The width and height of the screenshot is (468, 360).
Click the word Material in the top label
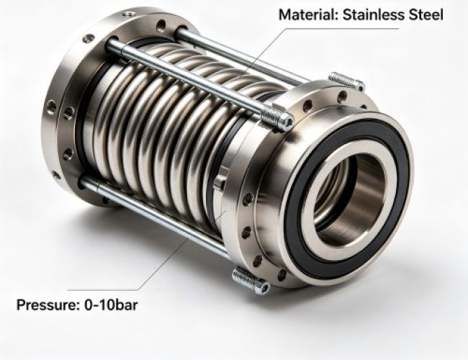(308, 14)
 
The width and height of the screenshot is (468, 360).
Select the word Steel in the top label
(426, 14)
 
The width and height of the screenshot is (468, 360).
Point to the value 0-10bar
(111, 305)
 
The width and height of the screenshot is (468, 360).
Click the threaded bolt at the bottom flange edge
(251, 281)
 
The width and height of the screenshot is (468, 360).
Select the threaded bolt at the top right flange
(346, 81)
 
